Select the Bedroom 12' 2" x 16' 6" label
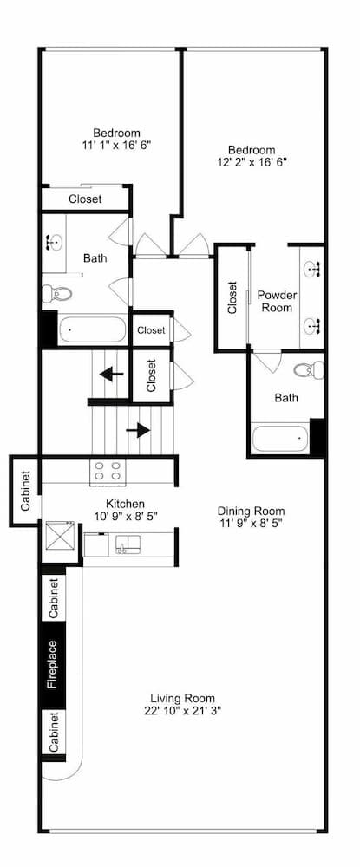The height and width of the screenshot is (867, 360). tap(252, 155)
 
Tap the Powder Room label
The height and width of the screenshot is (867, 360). tap(277, 301)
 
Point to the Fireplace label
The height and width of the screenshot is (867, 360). tap(53, 664)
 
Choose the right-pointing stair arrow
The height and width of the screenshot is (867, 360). tap(138, 429)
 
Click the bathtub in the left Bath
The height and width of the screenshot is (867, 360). tap(91, 330)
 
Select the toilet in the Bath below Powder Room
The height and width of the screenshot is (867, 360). tap(305, 370)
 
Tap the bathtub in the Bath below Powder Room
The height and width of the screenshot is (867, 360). tap(279, 438)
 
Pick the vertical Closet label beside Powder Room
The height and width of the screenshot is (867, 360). tap(232, 297)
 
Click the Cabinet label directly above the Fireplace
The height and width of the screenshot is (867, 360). tap(53, 597)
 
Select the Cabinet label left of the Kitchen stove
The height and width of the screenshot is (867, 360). tap(25, 491)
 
